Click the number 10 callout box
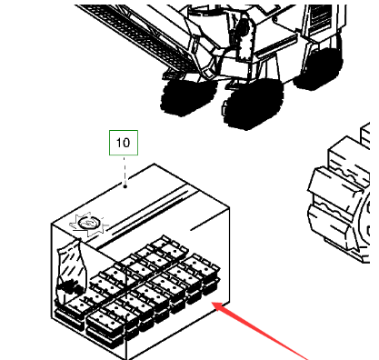124,143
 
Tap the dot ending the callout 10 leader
125,186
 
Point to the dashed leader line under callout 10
125,170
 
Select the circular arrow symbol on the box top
89,224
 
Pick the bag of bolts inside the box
72,271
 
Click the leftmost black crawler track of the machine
188,97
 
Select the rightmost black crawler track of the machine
318,69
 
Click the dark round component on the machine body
242,30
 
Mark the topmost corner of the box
155,164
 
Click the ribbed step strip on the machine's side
275,48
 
